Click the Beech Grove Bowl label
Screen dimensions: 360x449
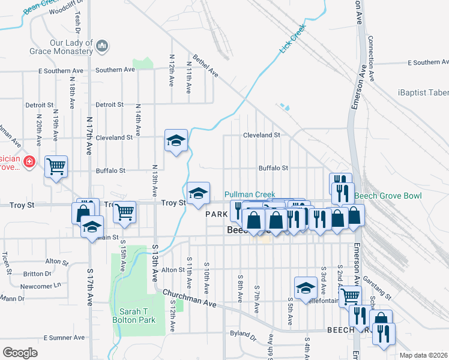[x=388, y=196]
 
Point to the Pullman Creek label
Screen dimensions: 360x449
[x=250, y=195]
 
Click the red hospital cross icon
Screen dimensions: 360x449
[x=29, y=162]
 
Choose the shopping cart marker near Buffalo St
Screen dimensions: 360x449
[x=56, y=167]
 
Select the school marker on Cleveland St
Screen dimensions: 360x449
[x=176, y=141]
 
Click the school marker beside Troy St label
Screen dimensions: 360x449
[x=198, y=194]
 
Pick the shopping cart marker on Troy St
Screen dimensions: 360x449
[x=124, y=211]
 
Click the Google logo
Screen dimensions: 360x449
[x=20, y=353]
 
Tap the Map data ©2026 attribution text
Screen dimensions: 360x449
[x=423, y=355]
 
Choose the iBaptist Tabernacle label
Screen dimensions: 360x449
[x=423, y=92]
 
